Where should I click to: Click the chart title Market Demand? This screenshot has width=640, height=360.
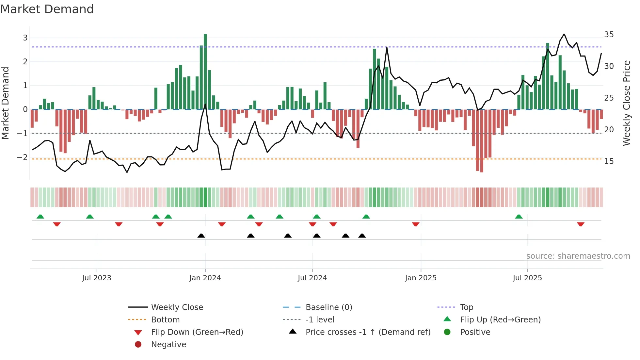(x=47, y=9)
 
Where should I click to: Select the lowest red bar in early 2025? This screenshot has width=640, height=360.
(x=482, y=140)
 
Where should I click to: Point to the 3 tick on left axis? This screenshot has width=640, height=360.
(x=25, y=38)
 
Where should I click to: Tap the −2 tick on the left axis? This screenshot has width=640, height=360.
(x=23, y=157)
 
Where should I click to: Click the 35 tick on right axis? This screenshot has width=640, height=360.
(x=609, y=35)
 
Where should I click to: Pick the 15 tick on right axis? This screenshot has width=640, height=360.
(x=609, y=161)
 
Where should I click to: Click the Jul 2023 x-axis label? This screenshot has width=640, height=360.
(x=97, y=278)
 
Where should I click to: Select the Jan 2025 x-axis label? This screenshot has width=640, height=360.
(x=421, y=278)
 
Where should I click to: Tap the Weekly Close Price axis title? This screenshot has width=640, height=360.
(x=626, y=103)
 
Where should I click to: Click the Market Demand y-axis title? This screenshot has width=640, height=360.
(x=5, y=103)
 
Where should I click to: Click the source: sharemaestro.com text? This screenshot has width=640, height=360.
(x=578, y=256)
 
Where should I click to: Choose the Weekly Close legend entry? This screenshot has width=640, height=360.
(x=177, y=307)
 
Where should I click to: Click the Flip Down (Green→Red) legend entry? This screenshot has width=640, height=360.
(x=197, y=332)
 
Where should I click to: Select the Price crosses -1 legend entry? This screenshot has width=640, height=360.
(x=368, y=332)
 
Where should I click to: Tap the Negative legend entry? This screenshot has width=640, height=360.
(x=168, y=345)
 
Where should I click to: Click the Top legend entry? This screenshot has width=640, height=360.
(x=466, y=307)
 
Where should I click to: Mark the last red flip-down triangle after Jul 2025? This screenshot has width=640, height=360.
(x=581, y=224)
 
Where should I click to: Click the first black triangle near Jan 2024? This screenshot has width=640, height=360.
(x=201, y=236)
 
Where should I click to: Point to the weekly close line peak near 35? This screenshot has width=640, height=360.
(x=564, y=34)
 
